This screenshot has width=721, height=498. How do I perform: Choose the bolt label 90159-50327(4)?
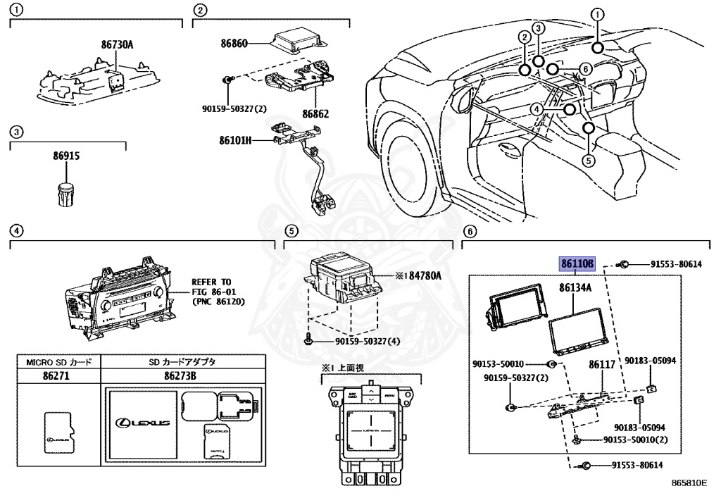click(x=366, y=342)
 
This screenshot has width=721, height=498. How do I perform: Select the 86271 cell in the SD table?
click(x=58, y=376)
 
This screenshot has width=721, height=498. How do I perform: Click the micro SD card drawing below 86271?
click(x=58, y=430)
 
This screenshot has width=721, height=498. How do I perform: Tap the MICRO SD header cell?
click(x=58, y=362)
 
